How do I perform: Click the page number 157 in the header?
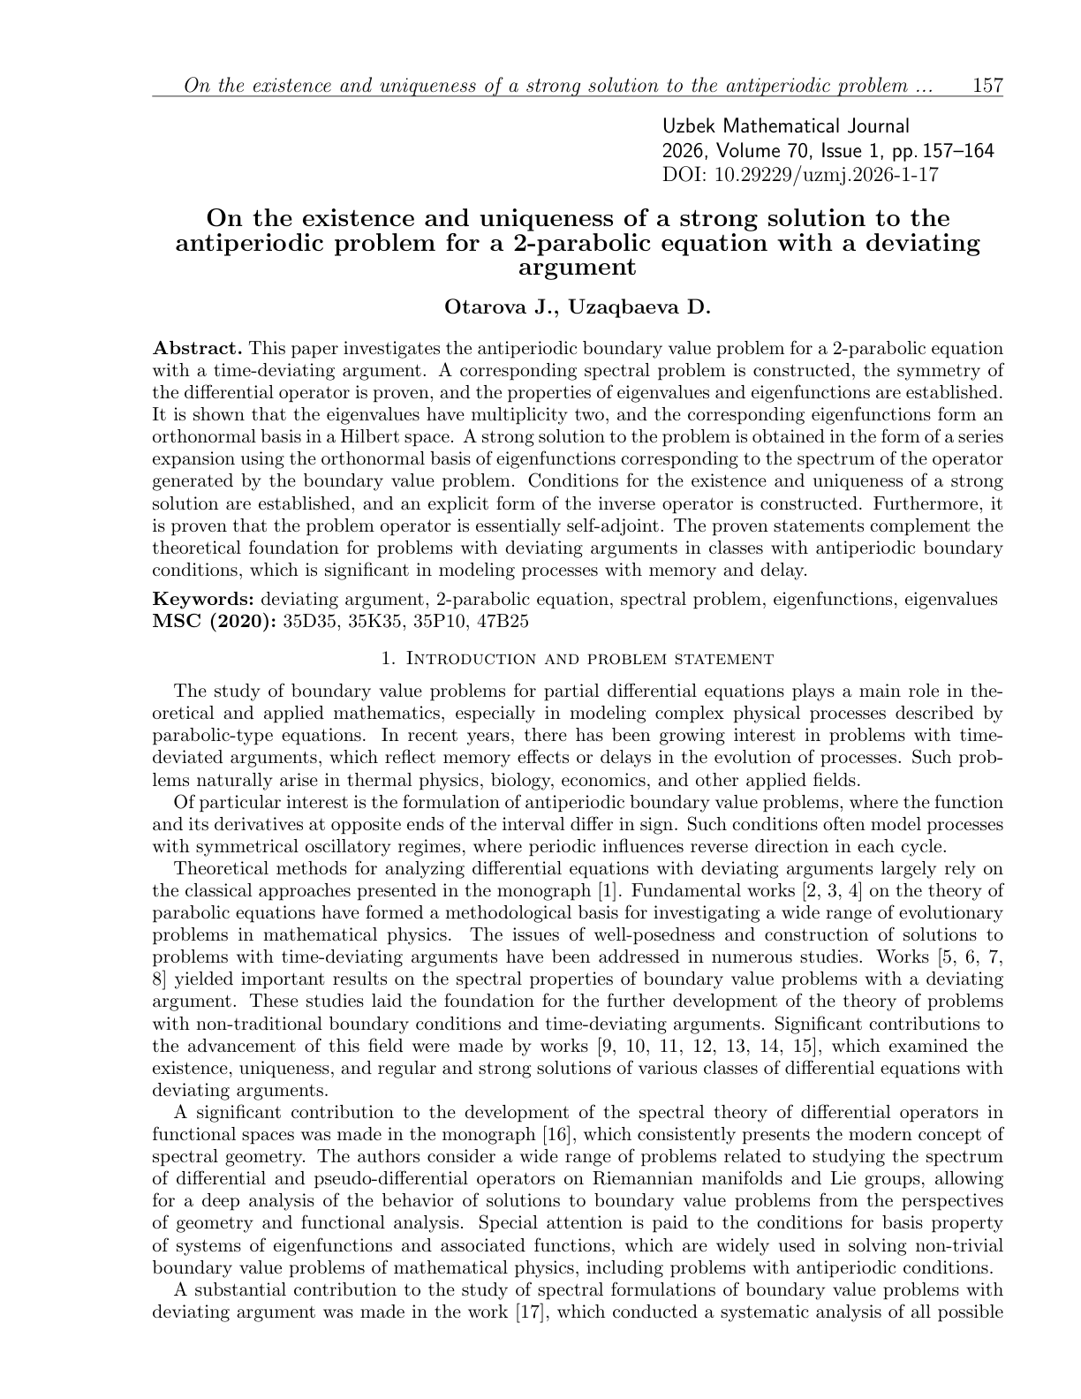pyautogui.click(x=987, y=86)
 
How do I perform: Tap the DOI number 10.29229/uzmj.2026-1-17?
pyautogui.click(x=825, y=174)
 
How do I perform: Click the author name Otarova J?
pyautogui.click(x=500, y=308)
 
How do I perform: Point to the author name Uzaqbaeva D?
pyautogui.click(x=639, y=308)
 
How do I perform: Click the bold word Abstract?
pyautogui.click(x=197, y=348)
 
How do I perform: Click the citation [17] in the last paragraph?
pyautogui.click(x=531, y=1312)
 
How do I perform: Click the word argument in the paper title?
pyautogui.click(x=578, y=267)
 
